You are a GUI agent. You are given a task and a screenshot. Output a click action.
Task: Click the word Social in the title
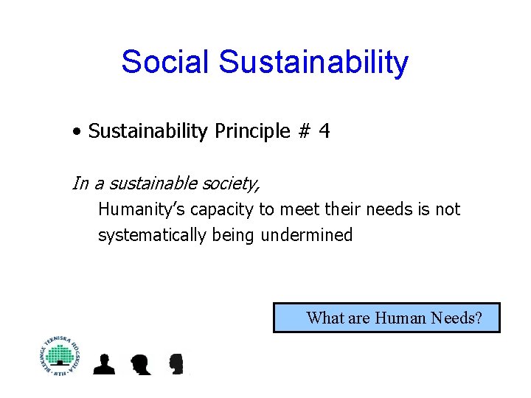(x=166, y=62)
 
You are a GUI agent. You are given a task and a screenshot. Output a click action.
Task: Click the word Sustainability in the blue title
(x=313, y=62)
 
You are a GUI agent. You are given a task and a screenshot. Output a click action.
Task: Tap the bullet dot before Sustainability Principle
(x=77, y=133)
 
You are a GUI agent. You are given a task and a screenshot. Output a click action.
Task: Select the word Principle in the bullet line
(x=251, y=132)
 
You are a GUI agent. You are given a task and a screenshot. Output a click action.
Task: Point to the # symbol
(x=304, y=132)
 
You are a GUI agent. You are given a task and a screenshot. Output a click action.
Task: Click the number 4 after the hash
(x=324, y=132)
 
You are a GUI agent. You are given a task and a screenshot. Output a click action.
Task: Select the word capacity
(x=222, y=209)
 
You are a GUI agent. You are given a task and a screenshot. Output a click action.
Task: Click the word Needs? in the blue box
(x=457, y=318)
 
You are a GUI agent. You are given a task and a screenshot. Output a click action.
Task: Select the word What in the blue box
(x=324, y=318)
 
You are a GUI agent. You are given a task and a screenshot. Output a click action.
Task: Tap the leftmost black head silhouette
(x=105, y=364)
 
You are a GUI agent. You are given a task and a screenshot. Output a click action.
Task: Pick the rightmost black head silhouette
(x=176, y=364)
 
